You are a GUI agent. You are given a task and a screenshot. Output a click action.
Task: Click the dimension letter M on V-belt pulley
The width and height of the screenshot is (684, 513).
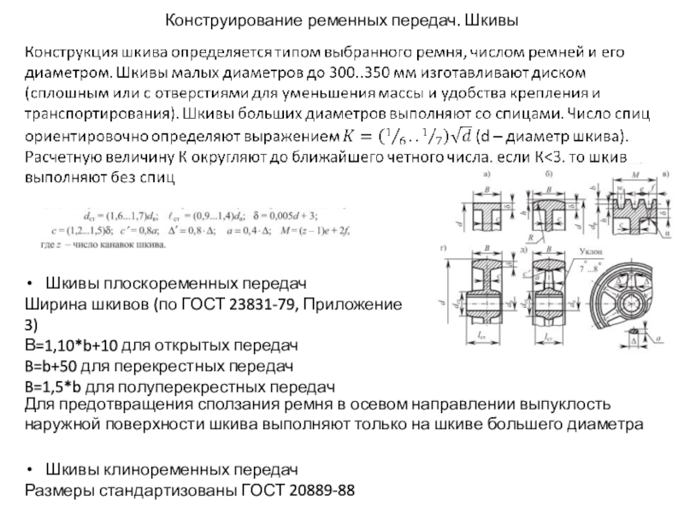click(x=634, y=175)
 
